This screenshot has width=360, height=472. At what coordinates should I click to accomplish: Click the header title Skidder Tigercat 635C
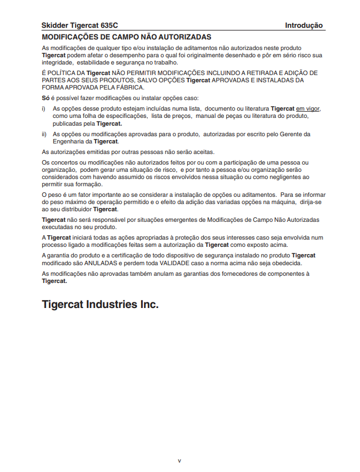point(80,26)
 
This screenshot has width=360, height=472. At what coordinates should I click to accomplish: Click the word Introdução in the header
point(304,26)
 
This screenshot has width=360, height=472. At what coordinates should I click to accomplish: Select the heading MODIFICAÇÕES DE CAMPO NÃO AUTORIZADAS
point(127,37)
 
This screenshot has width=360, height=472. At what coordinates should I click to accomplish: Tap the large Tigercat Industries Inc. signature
point(100,305)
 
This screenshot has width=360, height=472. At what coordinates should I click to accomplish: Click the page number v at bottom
point(179,460)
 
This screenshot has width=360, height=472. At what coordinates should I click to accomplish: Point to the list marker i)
point(44,108)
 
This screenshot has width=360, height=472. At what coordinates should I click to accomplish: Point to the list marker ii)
point(44,134)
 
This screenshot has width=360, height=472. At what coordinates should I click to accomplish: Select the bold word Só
point(46,97)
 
